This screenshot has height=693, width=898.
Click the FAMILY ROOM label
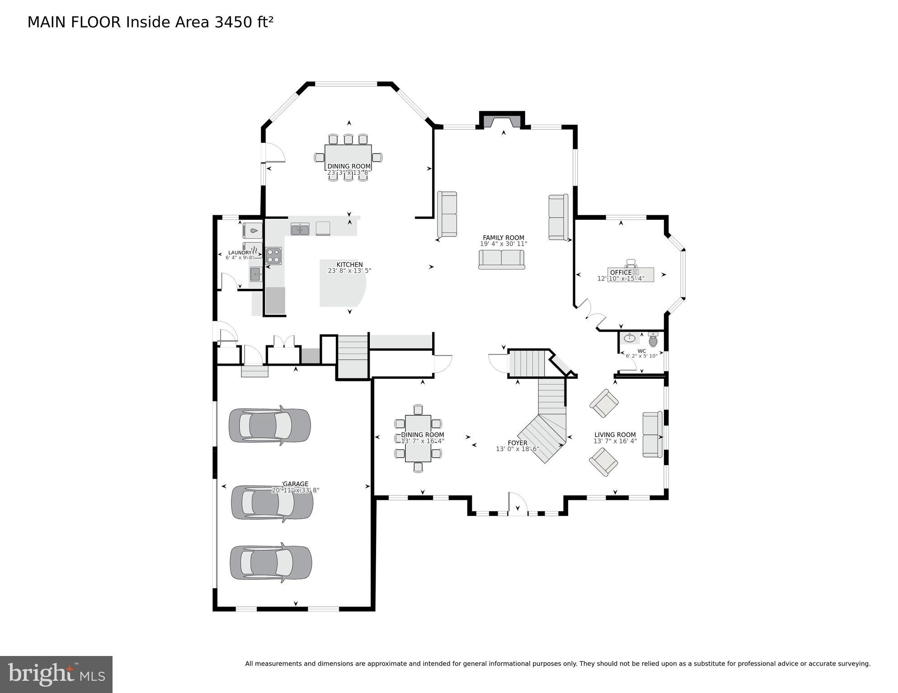(503, 237)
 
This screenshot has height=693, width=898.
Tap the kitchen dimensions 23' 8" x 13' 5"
(349, 271)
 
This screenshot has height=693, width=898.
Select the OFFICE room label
(621, 272)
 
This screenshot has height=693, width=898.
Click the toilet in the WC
(653, 340)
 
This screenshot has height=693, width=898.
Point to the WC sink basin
(629, 338)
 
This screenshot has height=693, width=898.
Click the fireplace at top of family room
(502, 121)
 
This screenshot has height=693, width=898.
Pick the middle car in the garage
(272, 503)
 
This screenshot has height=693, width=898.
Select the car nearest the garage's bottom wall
(270, 563)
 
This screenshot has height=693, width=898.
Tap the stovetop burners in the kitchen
(273, 256)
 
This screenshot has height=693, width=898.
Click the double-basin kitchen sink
(300, 229)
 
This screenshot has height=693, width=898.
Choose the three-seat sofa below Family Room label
(501, 260)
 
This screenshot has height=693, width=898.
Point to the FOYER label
(517, 443)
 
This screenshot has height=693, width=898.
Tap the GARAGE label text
(296, 484)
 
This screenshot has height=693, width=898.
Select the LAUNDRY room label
(240, 253)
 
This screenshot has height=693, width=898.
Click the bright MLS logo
(56, 674)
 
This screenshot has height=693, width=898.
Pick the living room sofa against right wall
(652, 434)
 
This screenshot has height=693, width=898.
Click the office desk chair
(631, 263)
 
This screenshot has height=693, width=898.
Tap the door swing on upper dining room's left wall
(275, 153)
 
